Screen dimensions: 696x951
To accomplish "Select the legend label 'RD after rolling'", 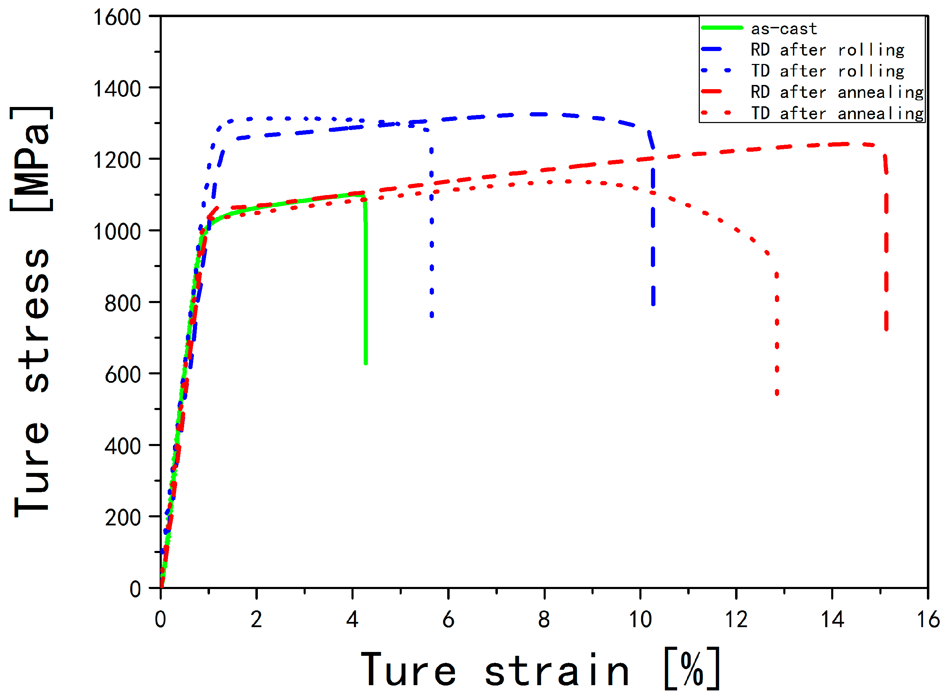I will coord(827,50).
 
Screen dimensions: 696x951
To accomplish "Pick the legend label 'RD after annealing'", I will coord(836,92).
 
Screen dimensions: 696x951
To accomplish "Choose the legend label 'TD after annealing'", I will coord(836,113).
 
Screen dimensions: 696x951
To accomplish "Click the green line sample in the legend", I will coord(721,28).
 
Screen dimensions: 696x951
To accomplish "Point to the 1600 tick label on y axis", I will coord(117,18).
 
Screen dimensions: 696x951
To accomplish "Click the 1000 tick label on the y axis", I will coord(117,232).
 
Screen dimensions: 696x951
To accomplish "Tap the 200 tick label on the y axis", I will coord(123,518).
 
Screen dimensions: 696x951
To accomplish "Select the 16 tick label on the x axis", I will coord(928,619).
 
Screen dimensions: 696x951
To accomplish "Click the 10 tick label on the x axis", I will coord(640,619).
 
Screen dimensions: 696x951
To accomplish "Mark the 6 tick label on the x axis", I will coord(448,619).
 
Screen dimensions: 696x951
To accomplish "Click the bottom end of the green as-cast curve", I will coord(365,362).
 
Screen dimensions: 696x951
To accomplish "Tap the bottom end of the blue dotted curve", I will coord(431,315).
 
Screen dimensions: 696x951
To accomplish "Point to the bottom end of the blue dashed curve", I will coord(653,303).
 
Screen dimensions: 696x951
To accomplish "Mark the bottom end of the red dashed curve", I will coord(886,329).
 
